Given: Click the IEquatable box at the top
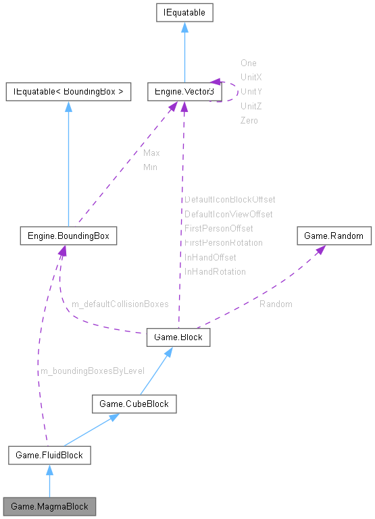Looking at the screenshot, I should (181, 12).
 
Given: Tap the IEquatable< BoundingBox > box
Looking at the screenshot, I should (68, 90).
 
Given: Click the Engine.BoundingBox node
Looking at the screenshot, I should (68, 236).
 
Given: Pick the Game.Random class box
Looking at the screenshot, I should (334, 236).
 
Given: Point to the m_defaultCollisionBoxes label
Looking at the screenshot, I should (120, 304).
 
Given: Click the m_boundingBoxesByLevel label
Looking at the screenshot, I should (93, 371).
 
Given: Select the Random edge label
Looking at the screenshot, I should (276, 304).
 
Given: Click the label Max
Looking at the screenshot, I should (151, 153).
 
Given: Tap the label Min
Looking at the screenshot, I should (150, 167).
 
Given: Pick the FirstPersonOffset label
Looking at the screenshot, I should (218, 228).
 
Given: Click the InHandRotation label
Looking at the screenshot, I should (215, 271).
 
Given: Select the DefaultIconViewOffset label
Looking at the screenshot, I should (228, 214).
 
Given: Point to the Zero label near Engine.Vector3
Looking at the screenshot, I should (249, 120).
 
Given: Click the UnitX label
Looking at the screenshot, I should (251, 77).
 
